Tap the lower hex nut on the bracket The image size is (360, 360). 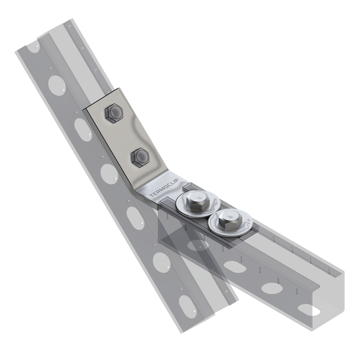point(140,158)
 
